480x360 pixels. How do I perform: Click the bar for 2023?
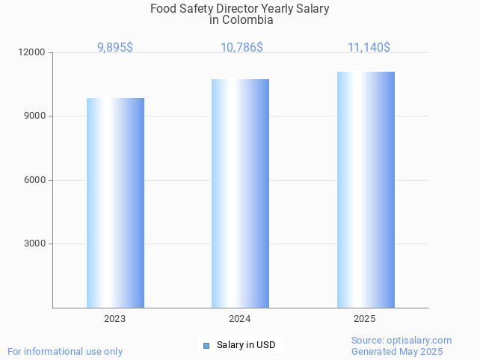click(115, 202)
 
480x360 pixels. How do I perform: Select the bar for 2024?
click(240, 193)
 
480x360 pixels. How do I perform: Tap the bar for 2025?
click(366, 190)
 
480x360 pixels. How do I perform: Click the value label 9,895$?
click(115, 47)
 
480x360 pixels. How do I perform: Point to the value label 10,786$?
click(241, 47)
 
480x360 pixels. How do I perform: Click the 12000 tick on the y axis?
click(33, 53)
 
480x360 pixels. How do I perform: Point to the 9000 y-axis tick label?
click(35, 117)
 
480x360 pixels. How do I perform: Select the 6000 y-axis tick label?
click(35, 180)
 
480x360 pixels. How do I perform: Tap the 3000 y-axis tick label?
click(35, 244)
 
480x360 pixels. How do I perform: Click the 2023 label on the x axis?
click(114, 319)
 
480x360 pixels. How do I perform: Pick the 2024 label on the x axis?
click(239, 319)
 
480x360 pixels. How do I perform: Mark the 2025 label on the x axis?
click(365, 319)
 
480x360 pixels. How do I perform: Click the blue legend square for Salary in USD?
click(206, 345)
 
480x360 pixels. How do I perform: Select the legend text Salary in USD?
click(246, 345)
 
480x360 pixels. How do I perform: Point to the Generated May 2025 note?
click(397, 352)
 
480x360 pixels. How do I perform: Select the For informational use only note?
click(65, 352)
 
